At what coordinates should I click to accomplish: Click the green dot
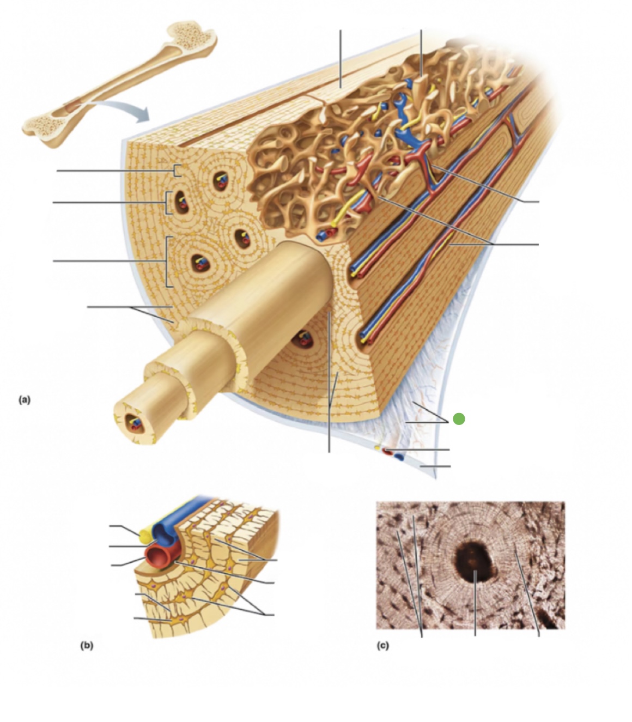point(459,419)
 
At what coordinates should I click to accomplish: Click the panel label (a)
point(25,399)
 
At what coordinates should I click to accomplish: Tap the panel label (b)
point(87,645)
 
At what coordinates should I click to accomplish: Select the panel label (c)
point(383,645)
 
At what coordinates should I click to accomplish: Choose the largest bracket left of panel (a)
point(168,262)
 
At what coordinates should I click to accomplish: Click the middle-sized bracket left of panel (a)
point(167,203)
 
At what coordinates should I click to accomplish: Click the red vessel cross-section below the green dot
point(387,451)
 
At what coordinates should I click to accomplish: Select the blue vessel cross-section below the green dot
point(399,457)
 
